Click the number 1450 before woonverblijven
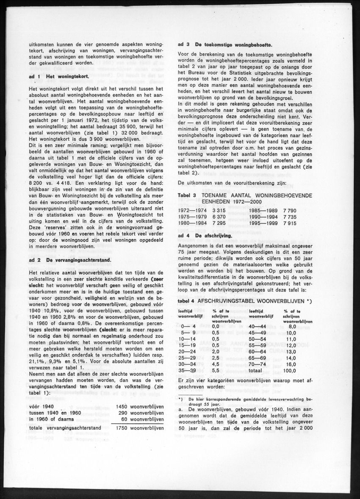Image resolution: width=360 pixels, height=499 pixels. (x=122, y=407)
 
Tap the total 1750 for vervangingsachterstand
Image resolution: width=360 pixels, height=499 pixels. (x=122, y=428)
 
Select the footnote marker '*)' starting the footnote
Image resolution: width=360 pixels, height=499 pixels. (x=180, y=399)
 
